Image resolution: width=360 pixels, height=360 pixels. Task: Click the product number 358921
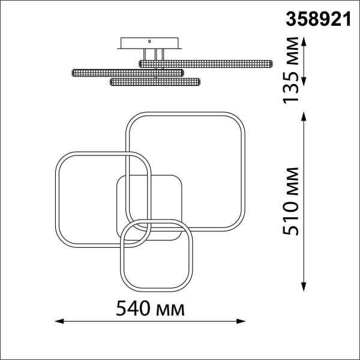[x=318, y=19]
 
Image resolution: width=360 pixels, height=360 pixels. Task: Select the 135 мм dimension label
[x=290, y=70]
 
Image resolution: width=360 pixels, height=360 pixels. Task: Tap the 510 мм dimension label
[x=290, y=202]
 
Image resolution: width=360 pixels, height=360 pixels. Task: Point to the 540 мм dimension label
[x=150, y=308]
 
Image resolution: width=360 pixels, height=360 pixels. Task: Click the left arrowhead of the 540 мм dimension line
[x=59, y=321]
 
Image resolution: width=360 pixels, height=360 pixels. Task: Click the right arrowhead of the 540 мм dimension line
[x=241, y=321]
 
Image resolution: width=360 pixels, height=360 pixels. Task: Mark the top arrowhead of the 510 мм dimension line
[x=304, y=116]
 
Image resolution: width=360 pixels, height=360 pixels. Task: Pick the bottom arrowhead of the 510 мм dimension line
[x=304, y=287]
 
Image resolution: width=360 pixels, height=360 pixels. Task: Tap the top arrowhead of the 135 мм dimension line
[x=304, y=41]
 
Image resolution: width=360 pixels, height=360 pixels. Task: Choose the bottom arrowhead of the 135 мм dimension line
[x=304, y=82]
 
